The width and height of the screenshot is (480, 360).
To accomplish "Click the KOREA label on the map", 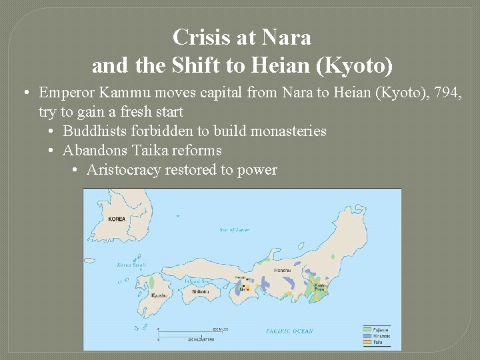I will (117, 219).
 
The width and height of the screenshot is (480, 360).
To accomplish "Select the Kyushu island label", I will (159, 295).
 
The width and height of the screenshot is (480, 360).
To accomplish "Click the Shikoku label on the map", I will (201, 291).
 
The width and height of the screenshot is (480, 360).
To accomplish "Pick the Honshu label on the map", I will (281, 271).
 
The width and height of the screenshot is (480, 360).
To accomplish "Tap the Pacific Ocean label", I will (289, 331).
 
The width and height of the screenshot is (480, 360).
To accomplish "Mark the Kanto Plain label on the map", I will (320, 286).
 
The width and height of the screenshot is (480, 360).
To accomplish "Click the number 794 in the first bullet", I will (447, 93).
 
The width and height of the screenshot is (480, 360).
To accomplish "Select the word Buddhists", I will (96, 131).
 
